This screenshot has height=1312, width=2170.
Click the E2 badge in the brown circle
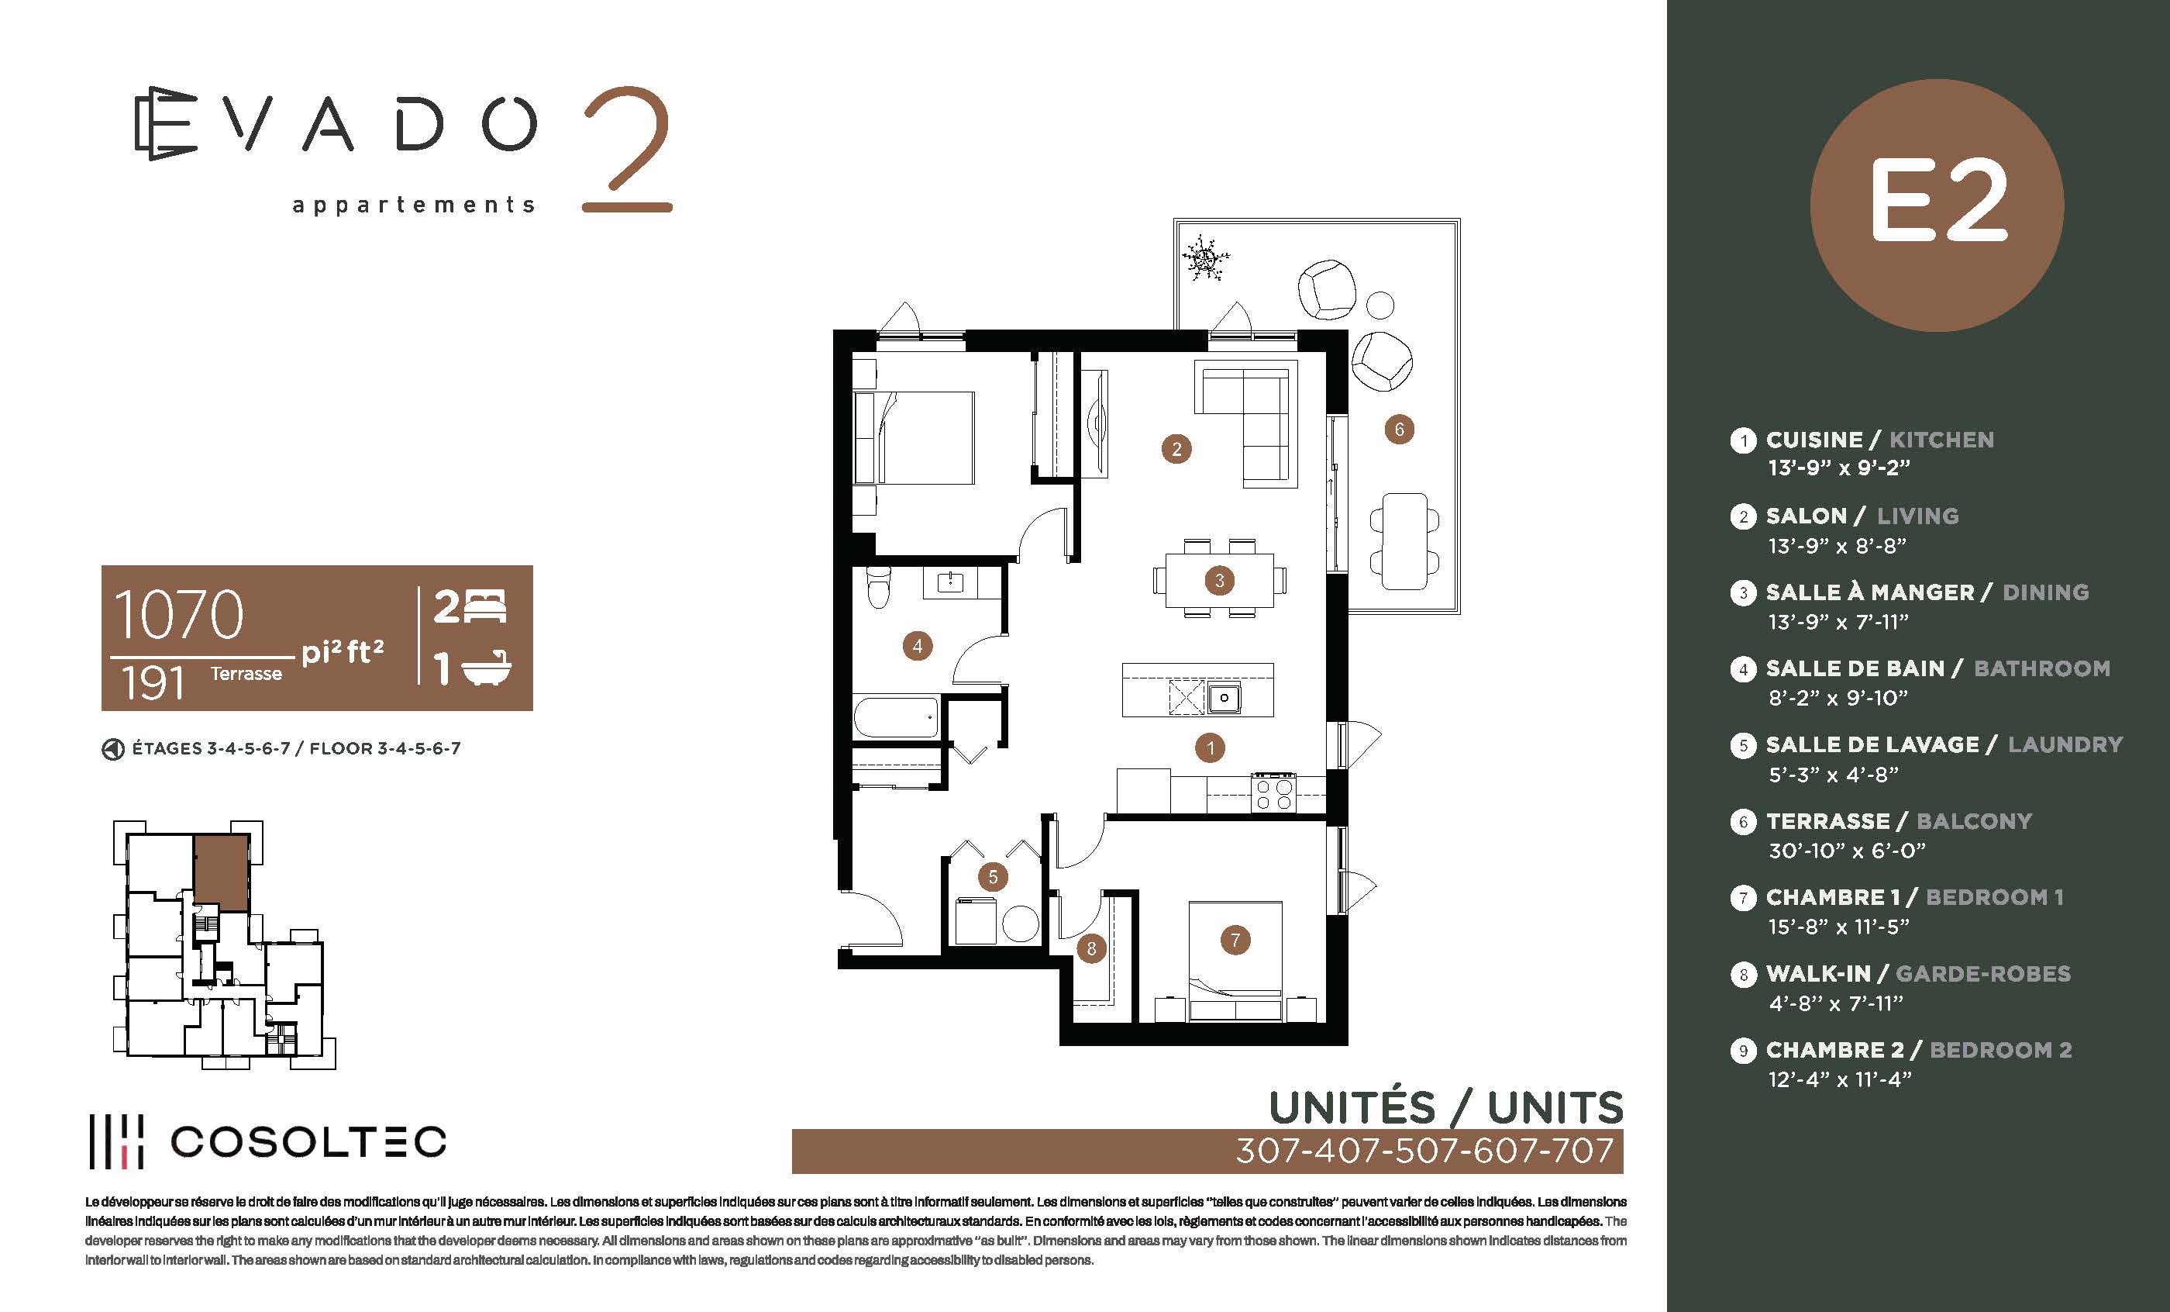(x=1937, y=205)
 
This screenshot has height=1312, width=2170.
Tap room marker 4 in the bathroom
(x=917, y=646)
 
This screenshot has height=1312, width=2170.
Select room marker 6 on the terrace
(x=1400, y=429)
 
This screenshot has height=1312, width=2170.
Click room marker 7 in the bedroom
(x=1235, y=940)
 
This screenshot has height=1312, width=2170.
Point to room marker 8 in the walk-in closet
(x=1091, y=949)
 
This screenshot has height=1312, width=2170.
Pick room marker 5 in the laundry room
(x=993, y=877)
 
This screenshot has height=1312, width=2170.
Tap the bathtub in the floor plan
(x=896, y=716)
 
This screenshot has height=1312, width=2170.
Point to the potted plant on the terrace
(x=1204, y=258)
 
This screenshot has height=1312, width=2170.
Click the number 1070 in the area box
(x=179, y=614)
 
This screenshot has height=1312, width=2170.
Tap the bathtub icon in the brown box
(x=486, y=668)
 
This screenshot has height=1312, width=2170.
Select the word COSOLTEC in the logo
(x=308, y=1142)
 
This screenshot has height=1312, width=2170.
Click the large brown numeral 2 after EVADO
(x=626, y=149)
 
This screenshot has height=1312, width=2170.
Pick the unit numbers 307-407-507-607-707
(x=1425, y=1151)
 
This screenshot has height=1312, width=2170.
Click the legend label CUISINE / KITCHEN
(x=1880, y=440)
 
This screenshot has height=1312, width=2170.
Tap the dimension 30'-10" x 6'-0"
(x=1847, y=851)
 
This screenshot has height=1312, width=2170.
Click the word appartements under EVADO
(x=414, y=205)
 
